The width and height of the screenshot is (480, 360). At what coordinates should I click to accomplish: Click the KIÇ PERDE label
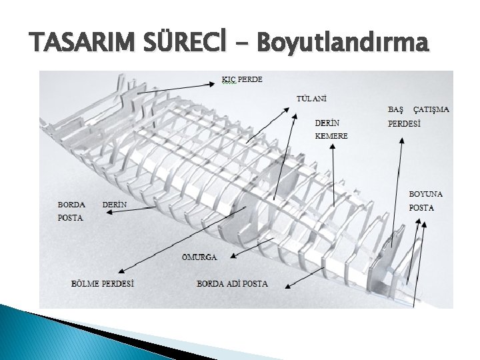click(x=242, y=79)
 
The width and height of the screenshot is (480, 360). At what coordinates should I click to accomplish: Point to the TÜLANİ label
click(x=312, y=99)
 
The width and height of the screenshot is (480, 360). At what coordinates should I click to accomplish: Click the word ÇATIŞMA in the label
click(x=431, y=109)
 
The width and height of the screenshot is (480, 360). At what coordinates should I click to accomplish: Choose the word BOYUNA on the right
click(x=426, y=194)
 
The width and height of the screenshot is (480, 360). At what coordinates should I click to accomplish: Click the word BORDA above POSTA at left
click(x=71, y=205)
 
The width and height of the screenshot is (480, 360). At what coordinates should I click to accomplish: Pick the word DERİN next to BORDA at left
click(x=115, y=205)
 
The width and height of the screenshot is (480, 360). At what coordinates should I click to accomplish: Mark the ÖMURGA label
click(x=199, y=256)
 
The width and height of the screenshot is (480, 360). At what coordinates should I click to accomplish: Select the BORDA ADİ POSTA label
click(x=232, y=283)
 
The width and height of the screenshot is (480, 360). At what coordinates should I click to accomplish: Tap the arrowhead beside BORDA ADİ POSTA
click(x=287, y=286)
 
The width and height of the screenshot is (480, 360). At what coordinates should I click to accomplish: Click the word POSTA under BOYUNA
click(x=421, y=207)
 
